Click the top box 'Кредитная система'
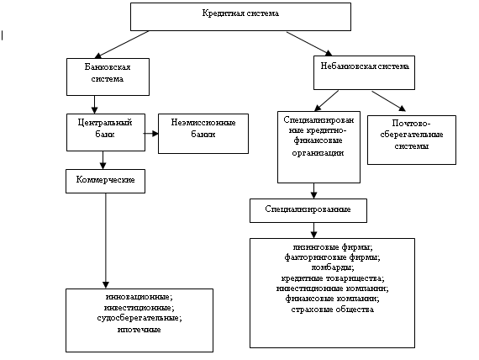point(240,17)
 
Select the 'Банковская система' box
point(108,77)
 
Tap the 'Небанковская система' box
point(364,73)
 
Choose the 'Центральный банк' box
point(106,132)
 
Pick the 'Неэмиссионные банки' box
point(203,134)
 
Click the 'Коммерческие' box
point(105,181)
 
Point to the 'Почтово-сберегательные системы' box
point(412,140)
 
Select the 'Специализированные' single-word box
point(308,210)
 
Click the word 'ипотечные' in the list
point(139,330)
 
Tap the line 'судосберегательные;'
point(139,318)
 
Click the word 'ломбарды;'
point(333,267)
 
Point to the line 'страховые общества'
point(333,310)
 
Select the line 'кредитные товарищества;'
point(333,278)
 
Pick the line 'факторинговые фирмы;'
point(333,257)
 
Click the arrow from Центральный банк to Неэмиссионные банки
point(151,134)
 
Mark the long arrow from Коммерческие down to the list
point(106,241)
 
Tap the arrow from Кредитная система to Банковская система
point(122,45)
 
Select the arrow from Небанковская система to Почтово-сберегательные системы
point(388,101)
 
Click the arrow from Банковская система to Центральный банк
point(94,104)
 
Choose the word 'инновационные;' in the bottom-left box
point(139,297)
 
